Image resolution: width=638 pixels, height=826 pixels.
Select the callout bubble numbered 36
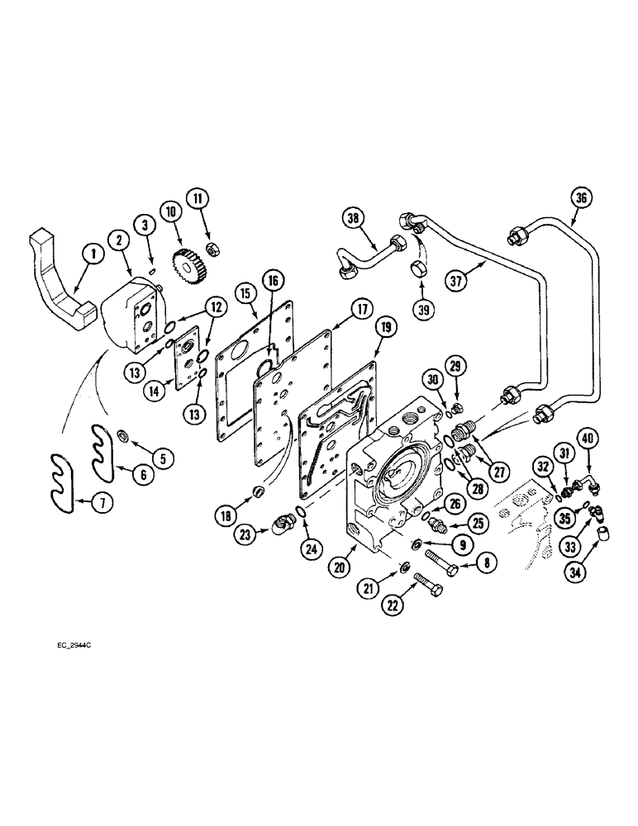(581, 199)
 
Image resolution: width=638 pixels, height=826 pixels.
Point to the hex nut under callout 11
(212, 247)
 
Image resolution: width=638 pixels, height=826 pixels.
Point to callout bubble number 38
(354, 219)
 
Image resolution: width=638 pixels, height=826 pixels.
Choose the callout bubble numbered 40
(588, 438)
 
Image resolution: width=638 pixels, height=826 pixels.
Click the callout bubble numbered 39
(421, 308)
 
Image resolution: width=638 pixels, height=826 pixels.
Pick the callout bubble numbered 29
(453, 366)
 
